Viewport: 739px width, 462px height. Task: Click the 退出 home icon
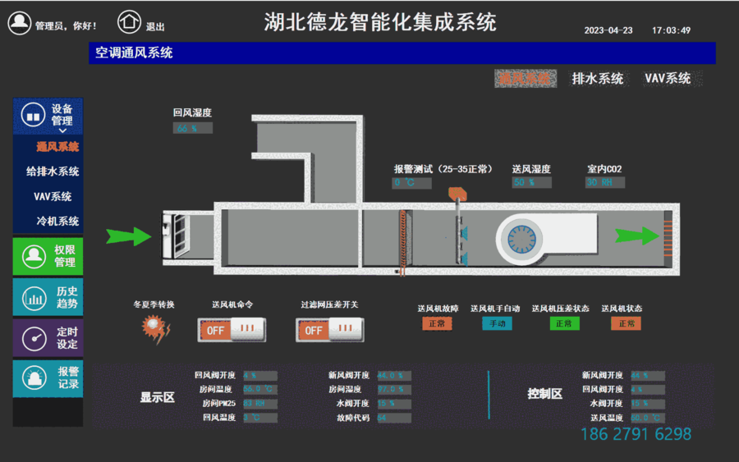point(129,22)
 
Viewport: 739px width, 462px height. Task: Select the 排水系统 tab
point(597,79)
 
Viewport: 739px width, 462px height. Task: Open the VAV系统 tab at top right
point(668,79)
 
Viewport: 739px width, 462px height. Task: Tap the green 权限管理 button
point(48,256)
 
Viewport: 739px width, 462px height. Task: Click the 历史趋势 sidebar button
point(48,297)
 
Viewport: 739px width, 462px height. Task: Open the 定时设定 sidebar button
point(48,338)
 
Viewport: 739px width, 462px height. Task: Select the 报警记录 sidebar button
point(48,378)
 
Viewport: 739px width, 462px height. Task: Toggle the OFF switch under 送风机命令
point(230,330)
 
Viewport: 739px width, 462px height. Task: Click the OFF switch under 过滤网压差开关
point(328,330)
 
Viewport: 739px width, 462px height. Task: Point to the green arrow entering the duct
point(129,237)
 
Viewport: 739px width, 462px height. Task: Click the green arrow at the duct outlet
point(637,236)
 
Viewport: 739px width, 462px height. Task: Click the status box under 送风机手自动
point(496,324)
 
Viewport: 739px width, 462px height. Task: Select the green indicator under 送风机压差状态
point(563,324)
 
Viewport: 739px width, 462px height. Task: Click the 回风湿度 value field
point(192,128)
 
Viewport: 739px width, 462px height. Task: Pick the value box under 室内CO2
point(605,183)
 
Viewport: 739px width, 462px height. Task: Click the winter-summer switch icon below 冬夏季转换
point(155,329)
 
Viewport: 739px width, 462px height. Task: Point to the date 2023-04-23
point(608,30)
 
